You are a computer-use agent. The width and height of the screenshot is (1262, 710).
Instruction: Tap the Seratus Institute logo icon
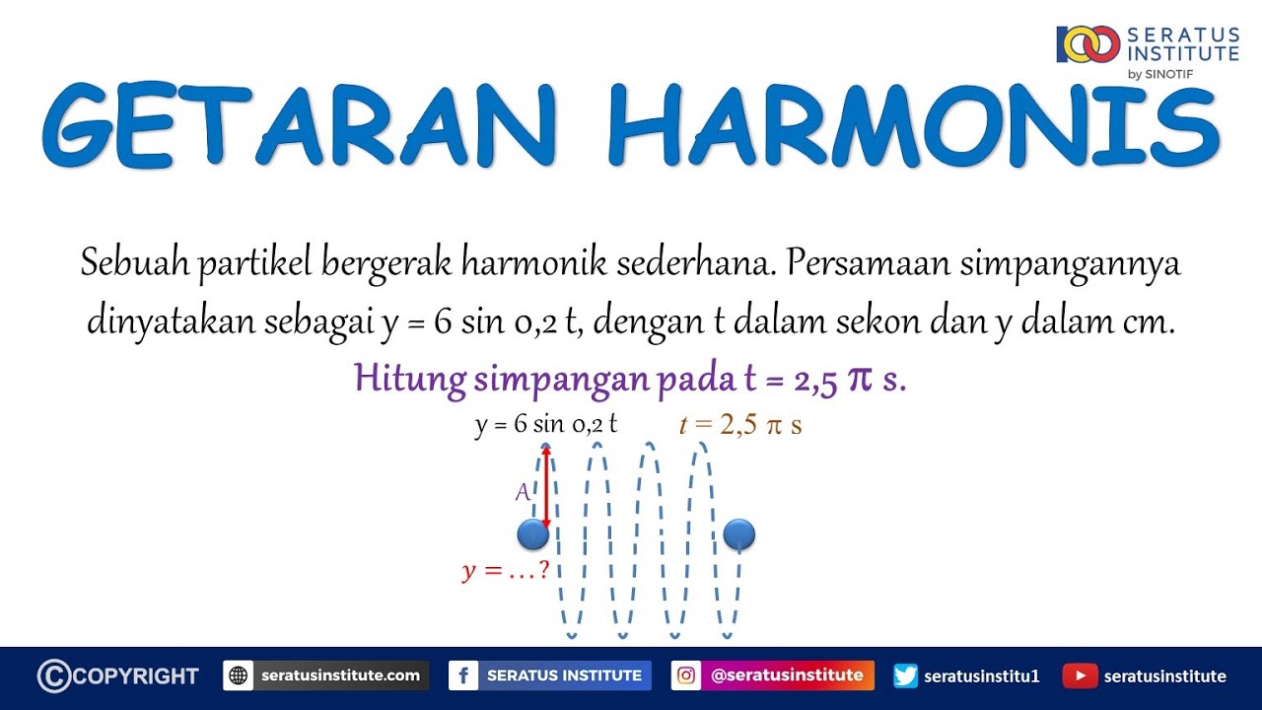pyautogui.click(x=1087, y=44)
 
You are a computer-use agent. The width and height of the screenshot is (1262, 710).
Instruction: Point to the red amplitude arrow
pyautogui.click(x=545, y=486)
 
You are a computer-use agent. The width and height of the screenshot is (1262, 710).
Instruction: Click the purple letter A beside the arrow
pyautogui.click(x=524, y=492)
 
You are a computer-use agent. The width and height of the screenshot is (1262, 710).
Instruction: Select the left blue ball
pyautogui.click(x=532, y=534)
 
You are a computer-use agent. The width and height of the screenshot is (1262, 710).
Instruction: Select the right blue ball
pyautogui.click(x=738, y=534)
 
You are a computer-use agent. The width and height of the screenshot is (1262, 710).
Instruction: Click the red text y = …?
pyautogui.click(x=505, y=570)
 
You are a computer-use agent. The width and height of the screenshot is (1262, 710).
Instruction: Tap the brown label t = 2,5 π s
pyautogui.click(x=740, y=425)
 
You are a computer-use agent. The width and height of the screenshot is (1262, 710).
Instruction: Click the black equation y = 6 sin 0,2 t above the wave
pyautogui.click(x=545, y=425)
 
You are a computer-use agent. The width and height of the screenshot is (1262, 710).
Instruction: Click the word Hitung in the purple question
pyautogui.click(x=398, y=380)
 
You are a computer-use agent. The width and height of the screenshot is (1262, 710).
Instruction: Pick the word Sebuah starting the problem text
pyautogui.click(x=135, y=264)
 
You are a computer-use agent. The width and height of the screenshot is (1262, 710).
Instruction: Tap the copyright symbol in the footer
pyautogui.click(x=54, y=676)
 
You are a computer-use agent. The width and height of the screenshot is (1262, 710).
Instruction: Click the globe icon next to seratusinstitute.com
pyautogui.click(x=238, y=676)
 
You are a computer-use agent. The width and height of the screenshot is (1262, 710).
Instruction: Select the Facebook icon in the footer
pyautogui.click(x=463, y=676)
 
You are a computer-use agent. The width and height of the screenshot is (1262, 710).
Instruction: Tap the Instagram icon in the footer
pyautogui.click(x=686, y=676)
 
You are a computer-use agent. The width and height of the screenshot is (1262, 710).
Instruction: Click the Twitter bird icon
pyautogui.click(x=906, y=676)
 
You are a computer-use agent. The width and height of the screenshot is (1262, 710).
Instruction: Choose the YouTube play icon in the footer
pyautogui.click(x=1080, y=676)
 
